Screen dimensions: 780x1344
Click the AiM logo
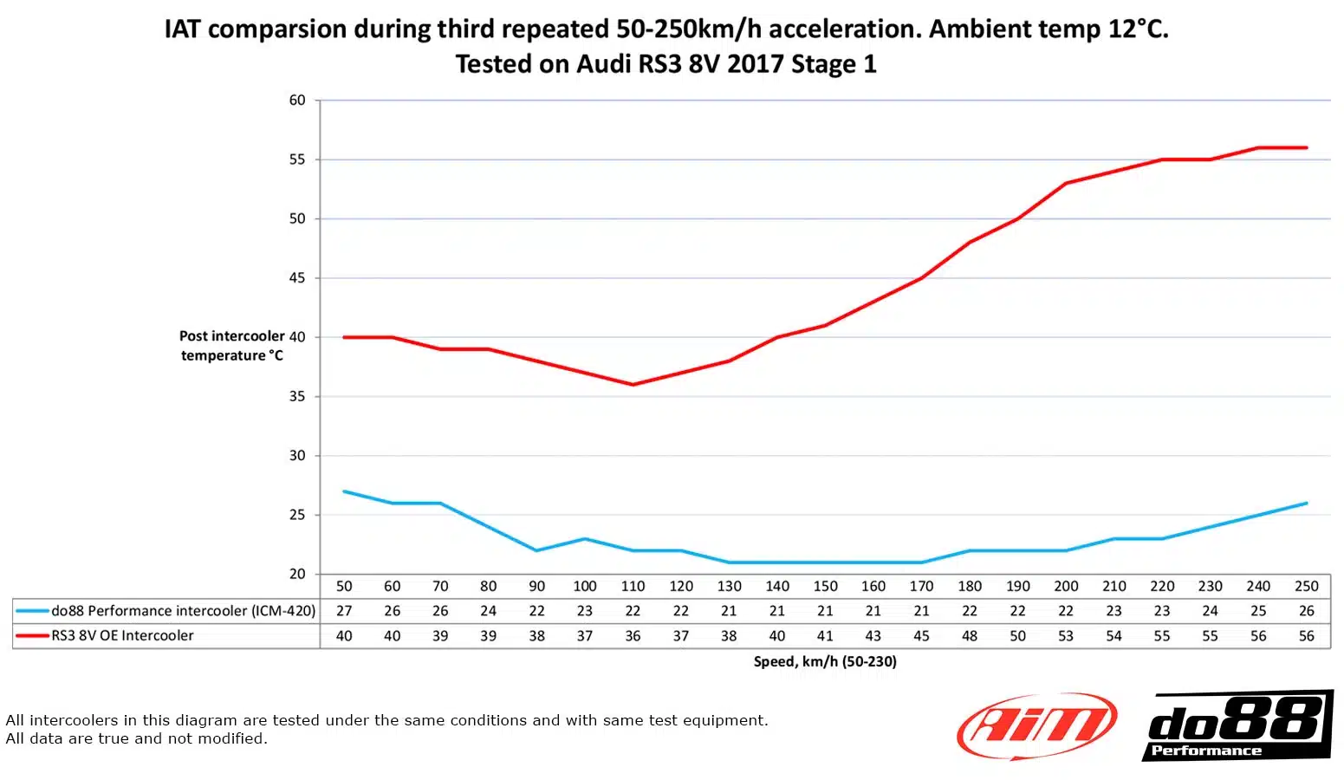pos(1036,725)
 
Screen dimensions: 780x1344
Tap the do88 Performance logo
pos(1237,725)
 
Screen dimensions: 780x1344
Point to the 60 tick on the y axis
pos(297,101)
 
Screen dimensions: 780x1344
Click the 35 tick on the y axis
pos(297,397)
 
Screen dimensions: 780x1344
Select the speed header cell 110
pos(633,587)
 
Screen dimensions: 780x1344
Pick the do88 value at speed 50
pos(344,611)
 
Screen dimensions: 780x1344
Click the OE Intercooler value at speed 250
pos(1306,636)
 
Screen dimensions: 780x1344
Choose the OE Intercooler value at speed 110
pos(633,636)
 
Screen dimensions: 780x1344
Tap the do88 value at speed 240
pos(1258,611)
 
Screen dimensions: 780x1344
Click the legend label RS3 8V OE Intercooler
pos(122,636)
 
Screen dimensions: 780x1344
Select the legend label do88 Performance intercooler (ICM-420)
pos(183,611)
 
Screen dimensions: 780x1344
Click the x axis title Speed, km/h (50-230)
pos(824,662)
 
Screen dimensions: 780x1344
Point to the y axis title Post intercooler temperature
pos(232,346)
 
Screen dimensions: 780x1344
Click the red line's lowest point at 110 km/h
pos(633,385)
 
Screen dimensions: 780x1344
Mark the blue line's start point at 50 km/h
pos(345,491)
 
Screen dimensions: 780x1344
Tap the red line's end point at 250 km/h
pos(1306,148)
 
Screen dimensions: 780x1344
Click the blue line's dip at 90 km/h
pos(537,550)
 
